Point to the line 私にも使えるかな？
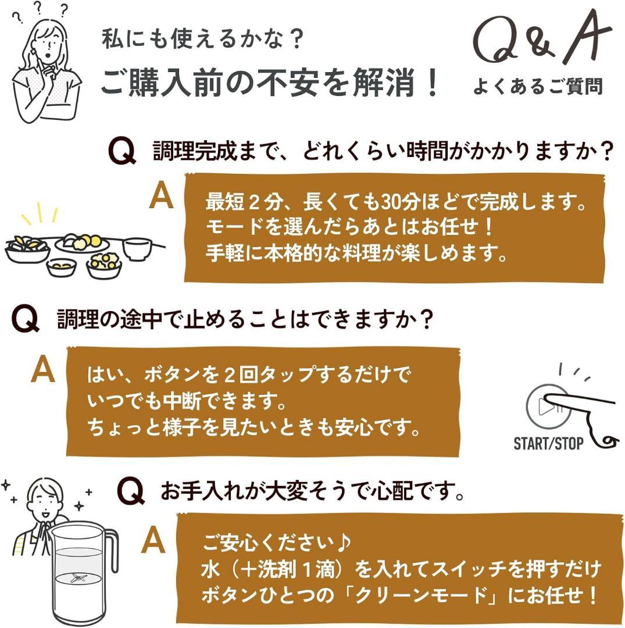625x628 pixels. pos(203,40)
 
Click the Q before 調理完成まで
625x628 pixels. pos(122,152)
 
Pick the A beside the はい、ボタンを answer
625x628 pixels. pos(42,370)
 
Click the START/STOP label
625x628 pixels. pos(548,444)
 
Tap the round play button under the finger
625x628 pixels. pos(544,406)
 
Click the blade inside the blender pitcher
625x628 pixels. pos(77,578)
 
